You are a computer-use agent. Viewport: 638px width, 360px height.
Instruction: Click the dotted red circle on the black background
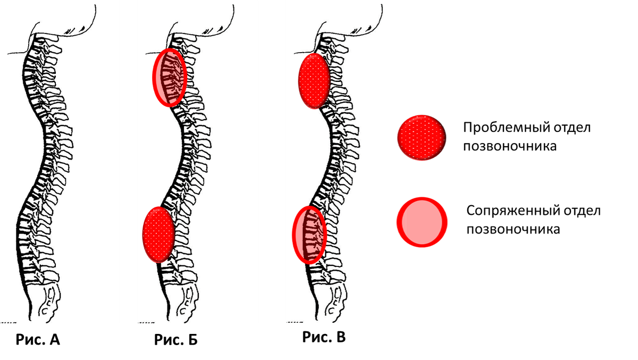(422, 137)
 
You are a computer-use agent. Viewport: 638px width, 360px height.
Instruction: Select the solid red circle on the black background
(424, 222)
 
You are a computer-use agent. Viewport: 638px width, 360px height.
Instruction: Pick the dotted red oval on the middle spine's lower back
(158, 235)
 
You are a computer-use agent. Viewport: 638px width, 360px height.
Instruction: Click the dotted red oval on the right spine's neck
(314, 81)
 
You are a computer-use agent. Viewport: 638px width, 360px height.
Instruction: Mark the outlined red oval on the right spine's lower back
(309, 235)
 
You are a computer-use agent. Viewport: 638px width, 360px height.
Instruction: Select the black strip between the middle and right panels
(272, 160)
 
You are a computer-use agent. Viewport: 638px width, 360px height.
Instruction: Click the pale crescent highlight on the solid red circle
(405, 222)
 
